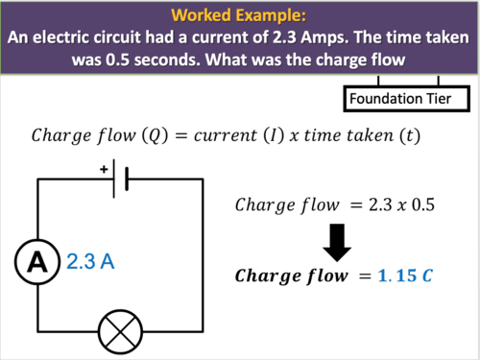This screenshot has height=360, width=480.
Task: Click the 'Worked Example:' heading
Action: click(240, 16)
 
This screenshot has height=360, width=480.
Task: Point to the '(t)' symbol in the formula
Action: click(408, 134)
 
